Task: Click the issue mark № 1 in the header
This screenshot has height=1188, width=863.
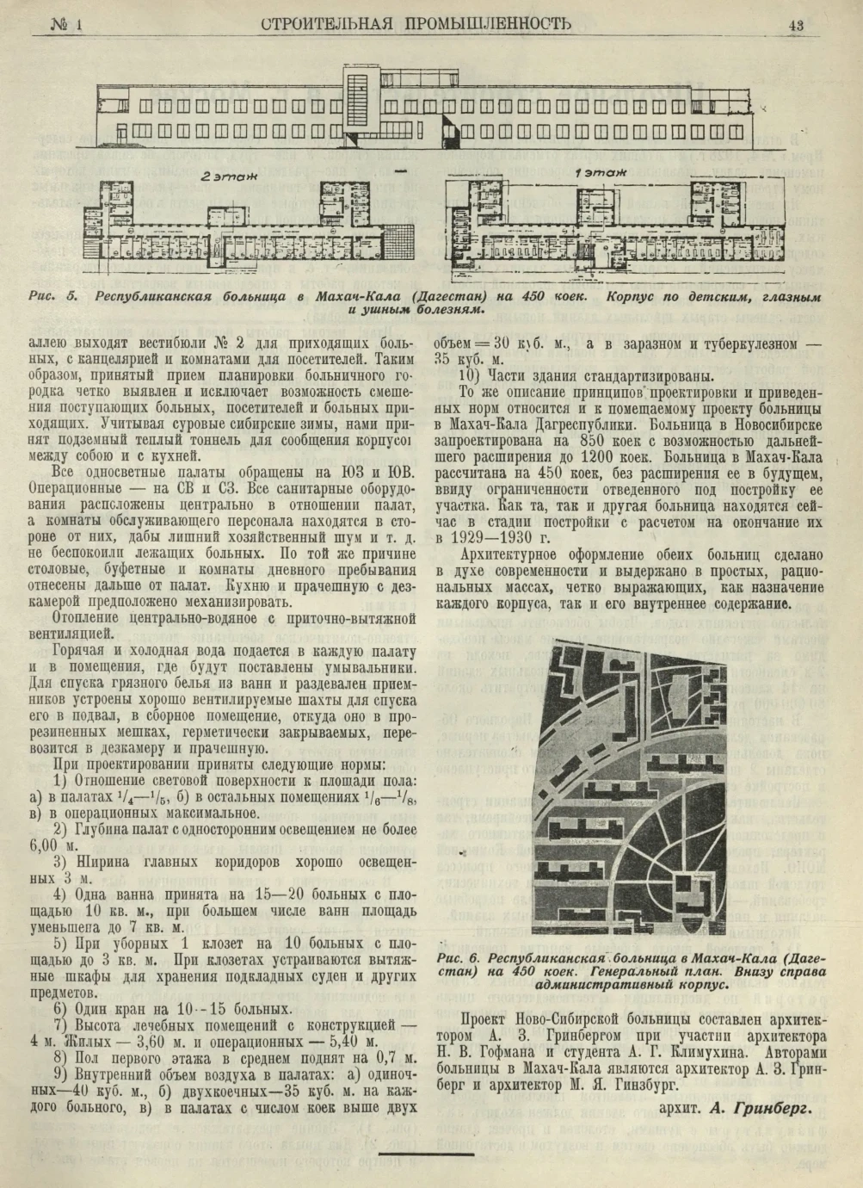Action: (x=65, y=25)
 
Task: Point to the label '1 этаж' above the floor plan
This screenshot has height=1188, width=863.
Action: (x=600, y=173)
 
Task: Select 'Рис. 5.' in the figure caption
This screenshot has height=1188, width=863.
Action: (x=54, y=297)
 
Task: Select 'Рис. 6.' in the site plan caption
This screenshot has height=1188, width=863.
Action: (x=460, y=958)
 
